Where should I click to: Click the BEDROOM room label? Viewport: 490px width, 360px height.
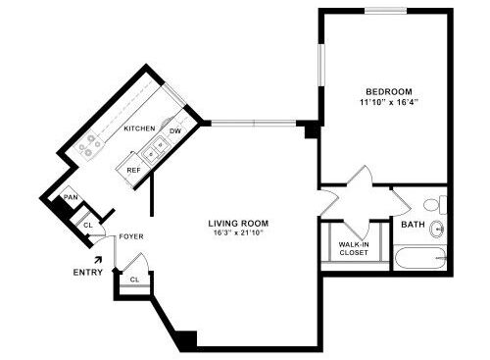(389, 91)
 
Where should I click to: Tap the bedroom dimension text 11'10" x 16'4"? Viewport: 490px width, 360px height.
(389, 102)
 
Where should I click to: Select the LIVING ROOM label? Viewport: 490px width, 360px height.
(238, 224)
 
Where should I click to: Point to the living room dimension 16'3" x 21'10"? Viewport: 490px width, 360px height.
(239, 233)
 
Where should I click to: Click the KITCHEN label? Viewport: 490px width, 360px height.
(139, 129)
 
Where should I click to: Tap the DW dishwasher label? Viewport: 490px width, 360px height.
(175, 131)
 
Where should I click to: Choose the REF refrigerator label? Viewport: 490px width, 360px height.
(133, 171)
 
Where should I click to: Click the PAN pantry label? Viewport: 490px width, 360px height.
(71, 197)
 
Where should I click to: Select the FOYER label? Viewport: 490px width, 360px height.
(131, 236)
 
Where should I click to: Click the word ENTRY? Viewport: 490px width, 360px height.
(88, 273)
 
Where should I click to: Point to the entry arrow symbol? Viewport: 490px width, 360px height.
(98, 260)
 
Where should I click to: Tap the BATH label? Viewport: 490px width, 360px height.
(413, 225)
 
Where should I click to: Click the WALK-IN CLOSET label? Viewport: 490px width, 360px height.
(354, 248)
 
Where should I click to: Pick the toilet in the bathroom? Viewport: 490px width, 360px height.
(435, 205)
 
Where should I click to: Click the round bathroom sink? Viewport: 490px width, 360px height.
(437, 229)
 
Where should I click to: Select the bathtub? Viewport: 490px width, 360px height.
(420, 258)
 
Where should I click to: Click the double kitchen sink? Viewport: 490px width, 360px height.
(155, 149)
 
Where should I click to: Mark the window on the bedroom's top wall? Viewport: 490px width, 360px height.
(386, 11)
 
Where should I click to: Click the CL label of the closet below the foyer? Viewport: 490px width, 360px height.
(134, 280)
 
